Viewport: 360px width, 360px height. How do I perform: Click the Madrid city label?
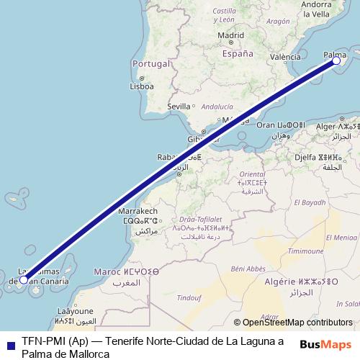point(230,35)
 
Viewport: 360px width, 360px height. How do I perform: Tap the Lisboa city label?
point(141,86)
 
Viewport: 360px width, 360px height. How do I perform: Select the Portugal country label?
point(150,63)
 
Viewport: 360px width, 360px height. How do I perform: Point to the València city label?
point(285,57)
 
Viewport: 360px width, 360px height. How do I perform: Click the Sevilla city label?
point(178,106)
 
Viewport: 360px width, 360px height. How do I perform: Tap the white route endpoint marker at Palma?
point(336,61)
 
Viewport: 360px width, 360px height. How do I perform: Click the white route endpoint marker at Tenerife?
point(24,279)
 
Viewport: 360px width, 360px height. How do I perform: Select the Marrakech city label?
point(137,212)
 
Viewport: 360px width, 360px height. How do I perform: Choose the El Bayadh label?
point(309,203)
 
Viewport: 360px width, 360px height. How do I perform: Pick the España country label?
point(238,53)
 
